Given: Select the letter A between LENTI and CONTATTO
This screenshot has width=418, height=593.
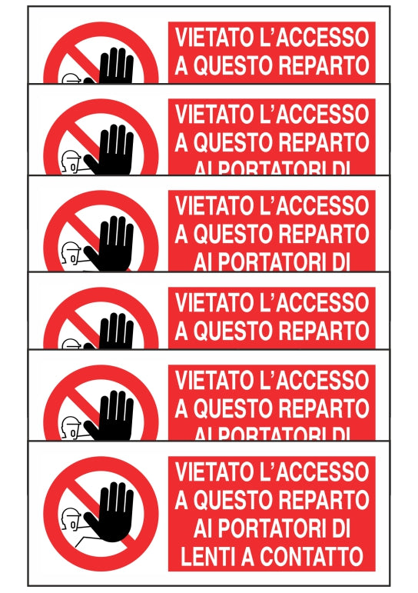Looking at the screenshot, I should point(245,554).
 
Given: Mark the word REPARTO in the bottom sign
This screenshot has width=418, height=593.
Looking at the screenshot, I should point(323,500).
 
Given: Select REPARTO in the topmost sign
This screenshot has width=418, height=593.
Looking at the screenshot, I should point(323,65).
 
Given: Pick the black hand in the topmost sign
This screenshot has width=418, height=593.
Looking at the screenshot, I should point(116,68).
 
